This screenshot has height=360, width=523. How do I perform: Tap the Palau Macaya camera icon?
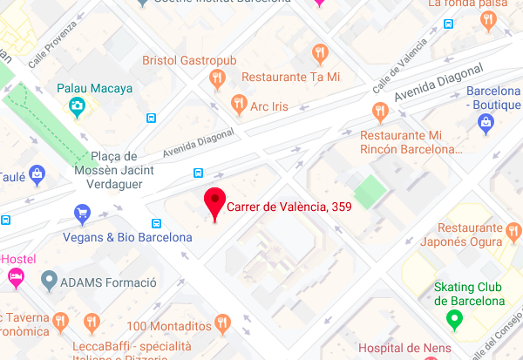(77, 107)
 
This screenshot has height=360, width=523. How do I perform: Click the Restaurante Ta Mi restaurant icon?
(322, 53)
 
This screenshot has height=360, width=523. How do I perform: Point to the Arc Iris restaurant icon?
(238, 105)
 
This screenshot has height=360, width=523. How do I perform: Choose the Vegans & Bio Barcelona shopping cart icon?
(83, 213)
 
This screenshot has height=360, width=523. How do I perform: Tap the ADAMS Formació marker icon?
(49, 282)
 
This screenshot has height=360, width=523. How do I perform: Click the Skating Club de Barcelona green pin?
(453, 320)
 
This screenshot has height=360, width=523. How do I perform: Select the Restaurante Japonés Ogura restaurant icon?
(513, 231)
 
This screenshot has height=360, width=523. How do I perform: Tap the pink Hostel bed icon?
(16, 276)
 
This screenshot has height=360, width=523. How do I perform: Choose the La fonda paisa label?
(466, 4)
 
